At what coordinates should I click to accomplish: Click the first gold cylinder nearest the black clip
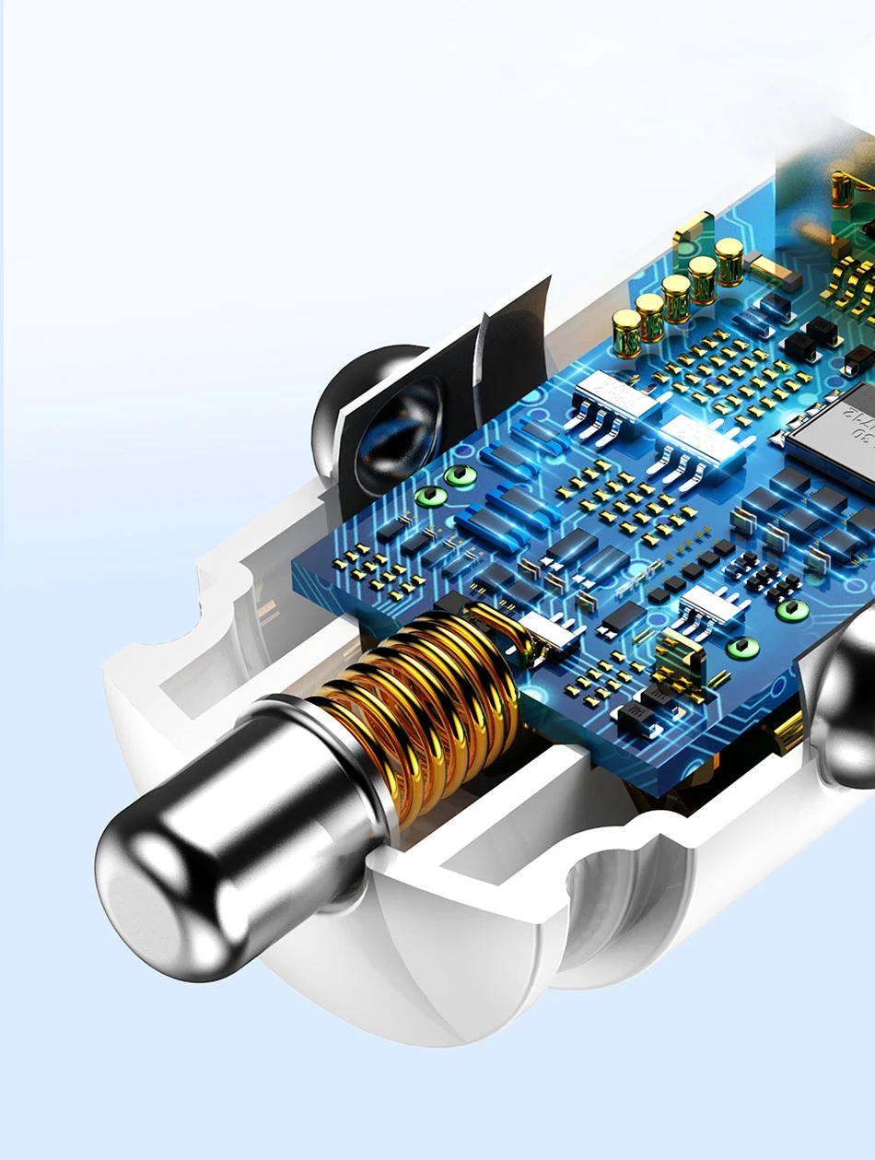pos(627,333)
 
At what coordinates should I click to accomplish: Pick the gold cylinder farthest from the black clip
pos(729,261)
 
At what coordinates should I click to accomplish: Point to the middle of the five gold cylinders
pos(677,298)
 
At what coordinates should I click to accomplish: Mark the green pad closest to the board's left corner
pos(429,498)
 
